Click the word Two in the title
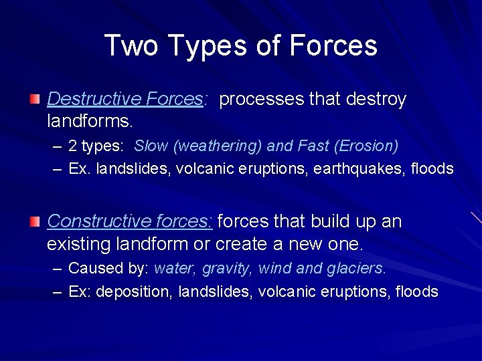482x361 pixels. tap(132, 46)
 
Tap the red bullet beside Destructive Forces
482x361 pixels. tap(35, 100)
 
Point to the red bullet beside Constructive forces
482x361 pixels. tap(35, 221)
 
